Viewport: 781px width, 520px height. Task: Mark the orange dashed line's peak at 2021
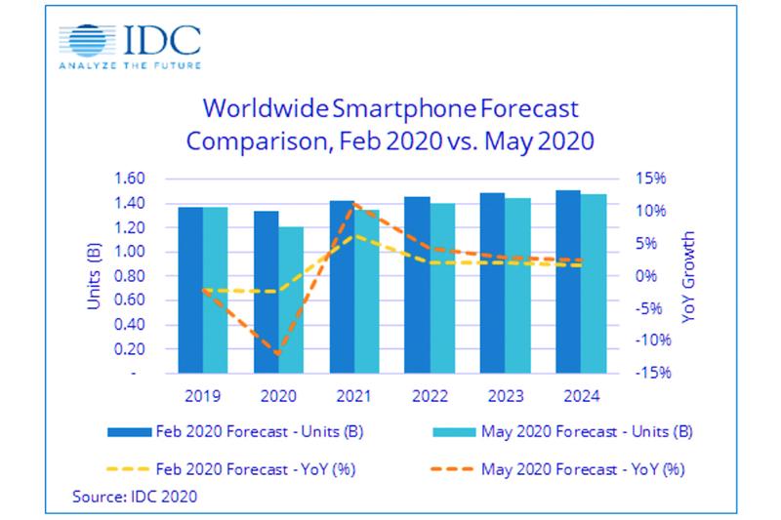353,204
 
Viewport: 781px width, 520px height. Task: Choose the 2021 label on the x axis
353,396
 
